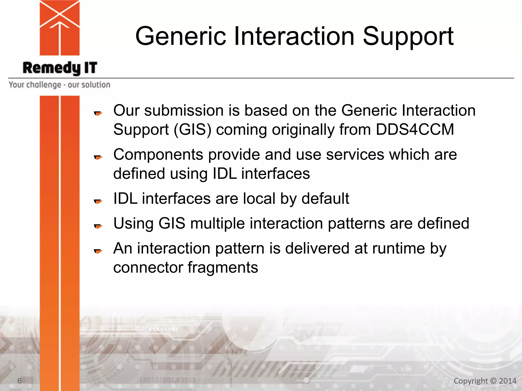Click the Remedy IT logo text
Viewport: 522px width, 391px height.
60,68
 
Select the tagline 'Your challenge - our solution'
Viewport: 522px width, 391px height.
59,85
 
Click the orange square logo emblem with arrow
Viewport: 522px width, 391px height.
60,28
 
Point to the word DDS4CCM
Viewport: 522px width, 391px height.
415,129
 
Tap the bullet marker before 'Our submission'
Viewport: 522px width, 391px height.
98,113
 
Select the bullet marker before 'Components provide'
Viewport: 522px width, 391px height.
98,157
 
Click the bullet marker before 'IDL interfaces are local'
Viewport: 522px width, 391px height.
98,201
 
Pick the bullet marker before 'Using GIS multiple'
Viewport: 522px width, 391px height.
98,226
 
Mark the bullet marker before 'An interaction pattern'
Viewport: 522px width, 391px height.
98,251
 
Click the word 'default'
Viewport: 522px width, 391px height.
325,199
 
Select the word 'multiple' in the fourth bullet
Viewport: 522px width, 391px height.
217,224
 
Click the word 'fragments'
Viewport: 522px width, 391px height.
223,268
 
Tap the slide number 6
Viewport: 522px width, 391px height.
19,381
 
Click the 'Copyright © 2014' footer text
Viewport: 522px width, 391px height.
485,381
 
